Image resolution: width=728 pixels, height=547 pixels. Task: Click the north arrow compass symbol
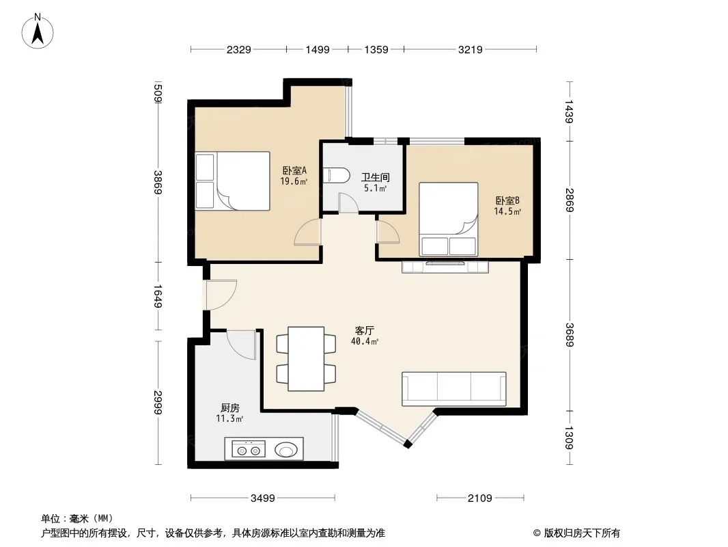tap(38, 31)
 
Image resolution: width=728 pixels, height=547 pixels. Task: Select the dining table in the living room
tap(306, 359)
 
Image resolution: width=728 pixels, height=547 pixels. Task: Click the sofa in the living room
tap(453, 388)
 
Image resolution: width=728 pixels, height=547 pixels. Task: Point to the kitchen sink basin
tap(286, 449)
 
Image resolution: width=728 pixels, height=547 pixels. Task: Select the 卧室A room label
tap(294, 170)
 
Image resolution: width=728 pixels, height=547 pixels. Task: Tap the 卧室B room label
tap(507, 201)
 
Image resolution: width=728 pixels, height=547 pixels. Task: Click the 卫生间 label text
tap(375, 177)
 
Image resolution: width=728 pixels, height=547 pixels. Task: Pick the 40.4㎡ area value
tap(365, 342)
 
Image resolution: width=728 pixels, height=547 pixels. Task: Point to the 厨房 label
tap(230, 408)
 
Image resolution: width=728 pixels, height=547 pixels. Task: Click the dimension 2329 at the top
tap(238, 49)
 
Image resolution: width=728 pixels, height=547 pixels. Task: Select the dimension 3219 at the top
tap(471, 49)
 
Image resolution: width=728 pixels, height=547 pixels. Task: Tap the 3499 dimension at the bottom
tap(263, 498)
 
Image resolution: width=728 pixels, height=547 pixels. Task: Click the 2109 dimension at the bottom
tap(479, 498)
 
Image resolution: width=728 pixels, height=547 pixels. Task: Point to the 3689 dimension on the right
tap(570, 334)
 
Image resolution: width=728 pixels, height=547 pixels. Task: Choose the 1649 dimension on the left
tap(158, 296)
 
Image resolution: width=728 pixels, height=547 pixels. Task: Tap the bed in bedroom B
tap(449, 219)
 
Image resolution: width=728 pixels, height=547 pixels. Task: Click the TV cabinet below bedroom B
tap(445, 267)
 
